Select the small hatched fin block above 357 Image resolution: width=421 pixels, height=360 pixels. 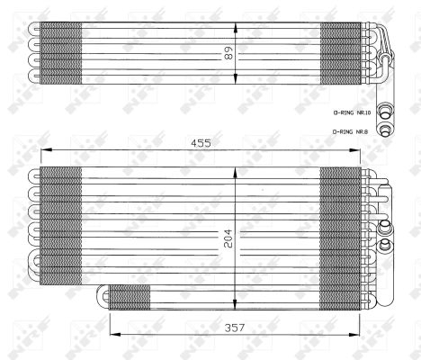130,296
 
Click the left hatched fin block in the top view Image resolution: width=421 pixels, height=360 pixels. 61,55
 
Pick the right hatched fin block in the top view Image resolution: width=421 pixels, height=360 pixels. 343,55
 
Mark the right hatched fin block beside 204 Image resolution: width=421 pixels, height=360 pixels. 339,224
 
